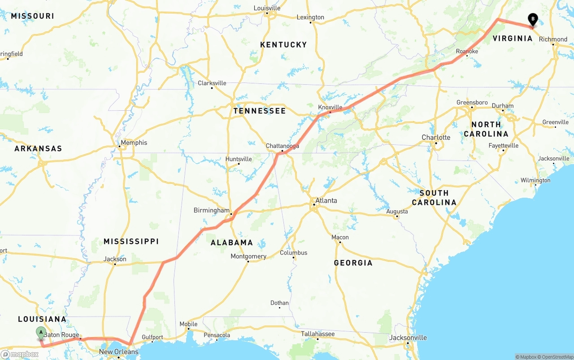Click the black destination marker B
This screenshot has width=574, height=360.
tap(533, 19)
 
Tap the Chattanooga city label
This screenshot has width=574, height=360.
tap(282, 146)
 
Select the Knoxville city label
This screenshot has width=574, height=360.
tap(330, 107)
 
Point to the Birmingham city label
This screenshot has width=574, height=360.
tap(211, 210)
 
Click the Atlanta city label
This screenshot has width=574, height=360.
tap(326, 200)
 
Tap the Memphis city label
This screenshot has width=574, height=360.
tap(134, 143)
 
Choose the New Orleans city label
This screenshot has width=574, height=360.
tap(118, 352)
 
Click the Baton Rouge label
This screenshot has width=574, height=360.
tap(61, 335)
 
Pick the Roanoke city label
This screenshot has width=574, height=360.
tap(467, 51)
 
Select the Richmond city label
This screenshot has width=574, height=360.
tap(553, 39)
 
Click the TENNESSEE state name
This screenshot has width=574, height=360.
tap(259, 111)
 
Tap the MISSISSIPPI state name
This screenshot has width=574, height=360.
tap(131, 241)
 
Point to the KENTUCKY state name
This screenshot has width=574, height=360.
tap(283, 44)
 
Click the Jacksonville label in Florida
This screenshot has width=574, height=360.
tap(408, 338)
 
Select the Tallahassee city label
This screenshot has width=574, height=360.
tap(317, 334)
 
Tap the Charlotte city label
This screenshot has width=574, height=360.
tap(435, 137)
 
